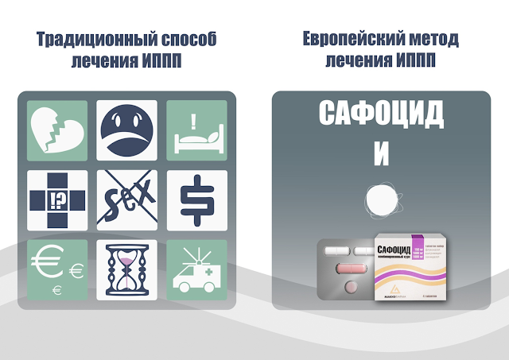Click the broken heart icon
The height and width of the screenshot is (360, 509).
coord(56,130)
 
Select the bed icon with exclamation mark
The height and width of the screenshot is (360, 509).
coord(196,130)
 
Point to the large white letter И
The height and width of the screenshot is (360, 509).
coord(381,153)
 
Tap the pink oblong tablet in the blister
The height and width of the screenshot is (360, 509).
coord(348,266)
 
